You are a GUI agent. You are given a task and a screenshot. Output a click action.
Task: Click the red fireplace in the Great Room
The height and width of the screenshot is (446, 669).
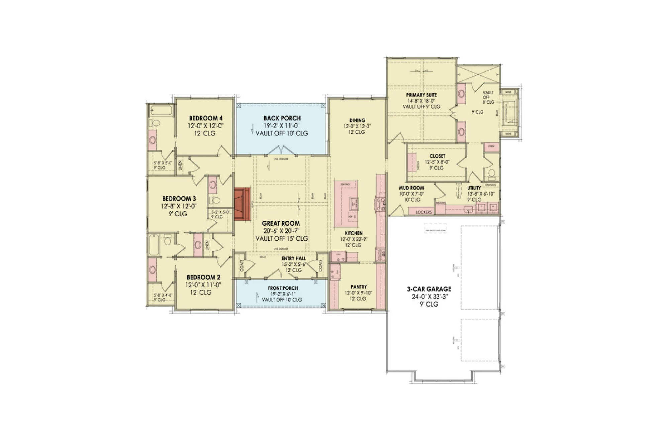click(x=242, y=204)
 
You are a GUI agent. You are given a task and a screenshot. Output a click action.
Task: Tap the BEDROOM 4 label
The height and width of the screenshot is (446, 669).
click(x=206, y=118)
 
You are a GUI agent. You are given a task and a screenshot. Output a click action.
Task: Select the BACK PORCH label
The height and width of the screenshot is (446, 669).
click(x=282, y=118)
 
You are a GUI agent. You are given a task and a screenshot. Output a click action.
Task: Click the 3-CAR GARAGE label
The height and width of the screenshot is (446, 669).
click(x=429, y=289)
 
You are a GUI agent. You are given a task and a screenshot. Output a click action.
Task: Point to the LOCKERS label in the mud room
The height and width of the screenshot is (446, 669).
click(x=423, y=212)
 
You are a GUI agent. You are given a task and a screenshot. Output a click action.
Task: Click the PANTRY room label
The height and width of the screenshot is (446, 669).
click(x=359, y=287)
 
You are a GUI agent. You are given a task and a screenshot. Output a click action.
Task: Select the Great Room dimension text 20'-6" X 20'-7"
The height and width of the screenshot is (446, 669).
click(x=281, y=231)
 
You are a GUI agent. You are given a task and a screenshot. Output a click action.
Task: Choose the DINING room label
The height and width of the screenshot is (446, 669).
click(x=357, y=120)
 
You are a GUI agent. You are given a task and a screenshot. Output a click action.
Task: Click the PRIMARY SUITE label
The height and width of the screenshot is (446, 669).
click(x=421, y=95)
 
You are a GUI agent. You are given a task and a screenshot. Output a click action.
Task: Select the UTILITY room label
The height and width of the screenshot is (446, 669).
click(x=474, y=188)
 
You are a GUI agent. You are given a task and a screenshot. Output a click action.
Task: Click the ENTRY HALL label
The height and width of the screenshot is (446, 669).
click(x=293, y=258)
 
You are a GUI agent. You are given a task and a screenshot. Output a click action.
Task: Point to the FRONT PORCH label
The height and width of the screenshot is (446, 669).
click(x=283, y=288)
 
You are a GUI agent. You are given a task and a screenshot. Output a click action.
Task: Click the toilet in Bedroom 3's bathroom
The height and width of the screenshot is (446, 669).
click(x=216, y=200)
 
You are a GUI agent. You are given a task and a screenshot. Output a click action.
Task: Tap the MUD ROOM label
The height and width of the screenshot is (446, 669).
click(x=411, y=188)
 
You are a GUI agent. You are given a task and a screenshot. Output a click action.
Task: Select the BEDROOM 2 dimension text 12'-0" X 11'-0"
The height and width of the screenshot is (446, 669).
click(x=203, y=285)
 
